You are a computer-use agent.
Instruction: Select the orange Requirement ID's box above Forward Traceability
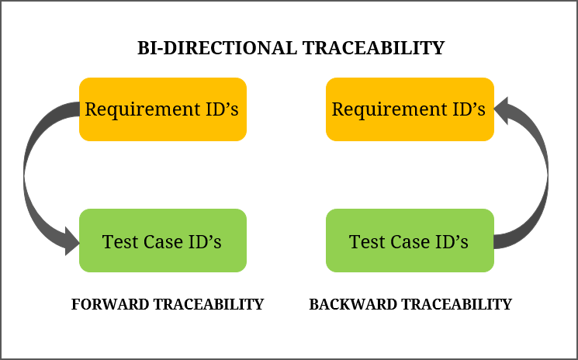coord(162,109)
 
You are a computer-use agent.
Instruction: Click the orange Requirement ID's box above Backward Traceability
coord(410,109)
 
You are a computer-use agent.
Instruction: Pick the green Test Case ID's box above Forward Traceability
coord(162,241)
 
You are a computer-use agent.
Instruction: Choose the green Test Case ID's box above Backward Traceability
coord(410,241)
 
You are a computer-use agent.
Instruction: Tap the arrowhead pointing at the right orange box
coord(502,109)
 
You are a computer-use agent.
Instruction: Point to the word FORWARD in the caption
coord(109,304)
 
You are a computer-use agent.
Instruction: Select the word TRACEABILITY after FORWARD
coord(207,304)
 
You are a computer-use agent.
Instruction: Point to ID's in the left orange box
coord(219,109)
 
